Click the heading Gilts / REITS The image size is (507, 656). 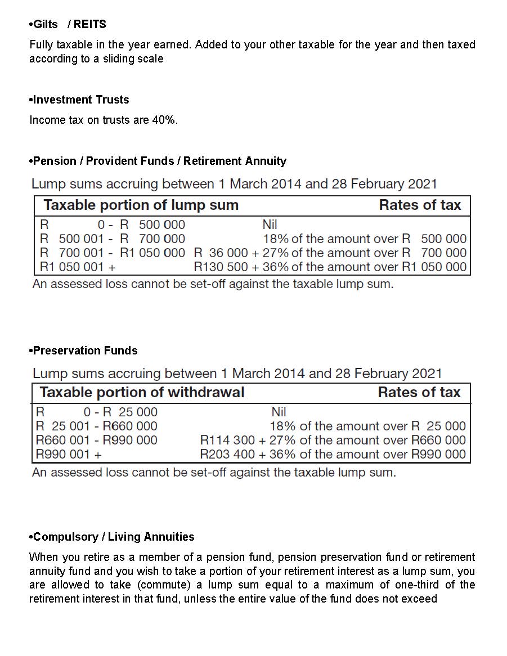coord(69,24)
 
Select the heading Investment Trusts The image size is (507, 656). coord(81,100)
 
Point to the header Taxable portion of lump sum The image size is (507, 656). coord(141,205)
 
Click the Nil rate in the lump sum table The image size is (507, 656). coord(270,224)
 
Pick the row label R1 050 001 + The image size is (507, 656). coord(78,267)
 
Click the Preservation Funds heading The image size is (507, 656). coord(85,351)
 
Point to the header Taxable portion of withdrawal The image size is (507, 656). coord(142,392)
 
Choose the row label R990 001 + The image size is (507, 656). coord(69,454)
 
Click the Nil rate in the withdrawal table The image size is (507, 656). coord(279,412)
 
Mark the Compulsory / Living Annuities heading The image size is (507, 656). coord(114,537)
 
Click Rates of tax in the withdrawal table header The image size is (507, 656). coord(419,392)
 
